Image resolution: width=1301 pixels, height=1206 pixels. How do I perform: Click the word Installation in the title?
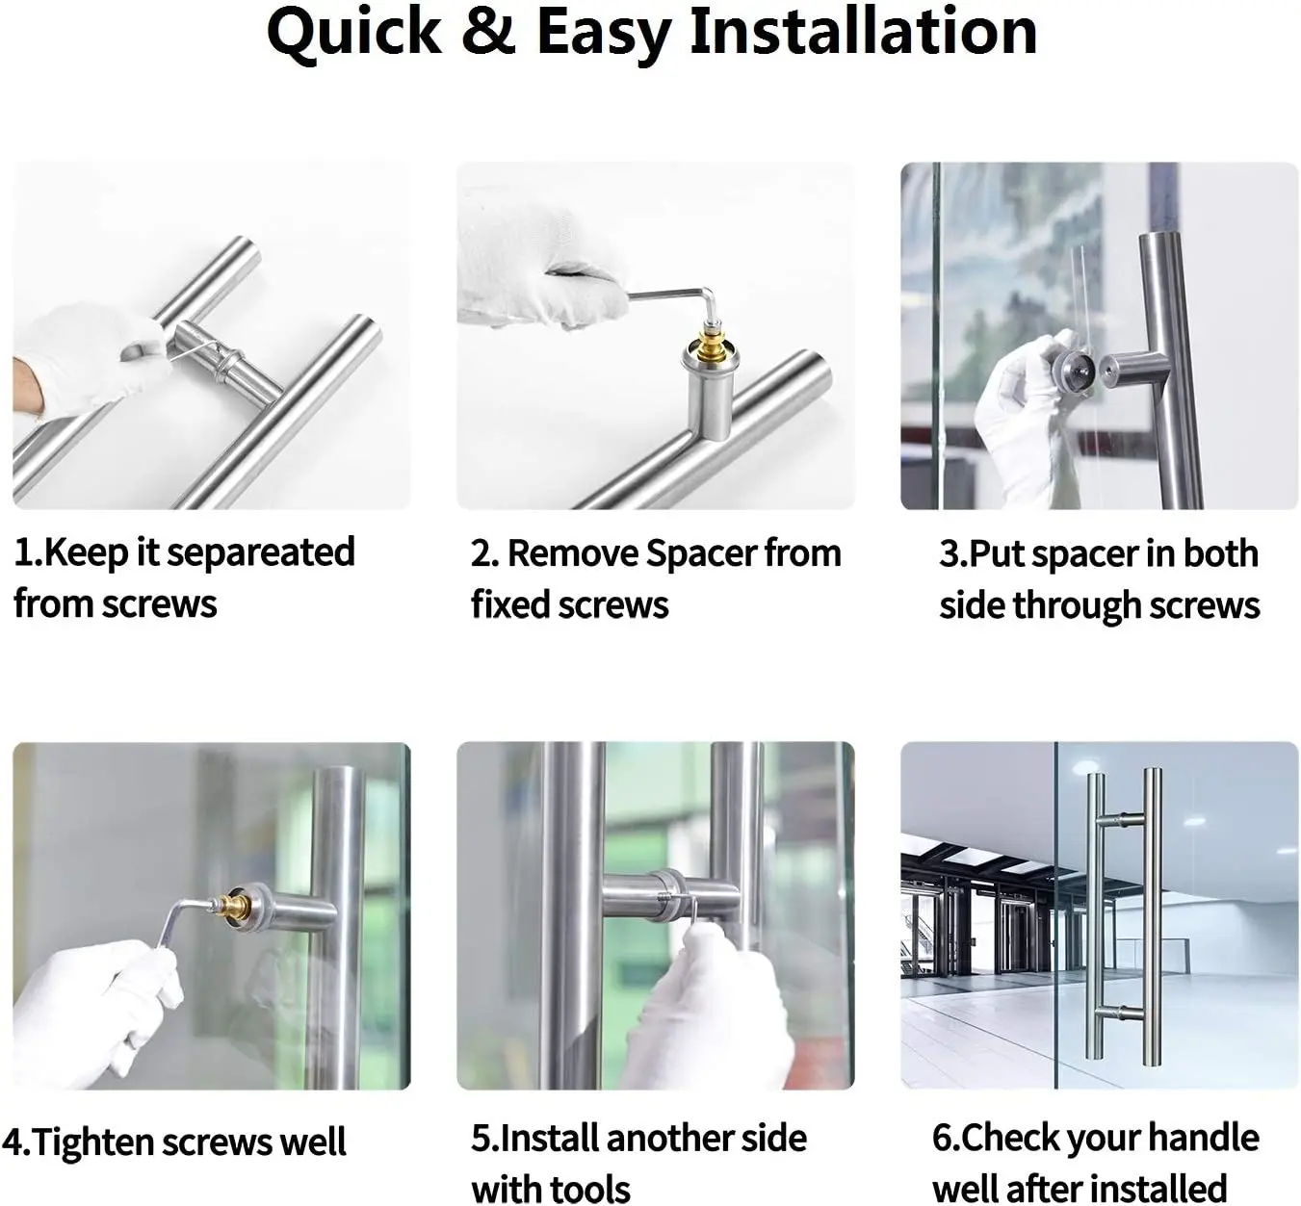pyautogui.click(x=864, y=31)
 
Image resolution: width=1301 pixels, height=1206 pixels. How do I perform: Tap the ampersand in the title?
pyautogui.click(x=488, y=31)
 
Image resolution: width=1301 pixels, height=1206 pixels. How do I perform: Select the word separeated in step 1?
pyautogui.click(x=261, y=553)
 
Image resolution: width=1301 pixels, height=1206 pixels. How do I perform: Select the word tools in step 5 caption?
pyautogui.click(x=590, y=1189)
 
